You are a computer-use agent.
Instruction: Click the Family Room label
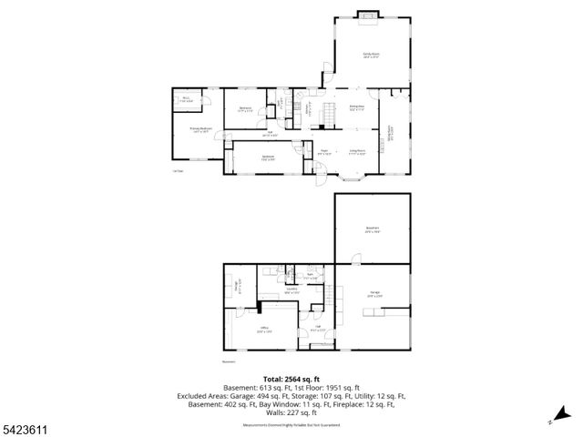(x=371, y=56)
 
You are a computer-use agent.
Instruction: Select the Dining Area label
(x=357, y=109)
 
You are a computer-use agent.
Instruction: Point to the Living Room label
(x=357, y=152)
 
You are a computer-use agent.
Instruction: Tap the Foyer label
(x=323, y=152)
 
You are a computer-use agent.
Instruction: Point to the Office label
(x=263, y=329)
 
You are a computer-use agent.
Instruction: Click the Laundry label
(x=291, y=291)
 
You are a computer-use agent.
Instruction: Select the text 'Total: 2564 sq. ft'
(x=291, y=378)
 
